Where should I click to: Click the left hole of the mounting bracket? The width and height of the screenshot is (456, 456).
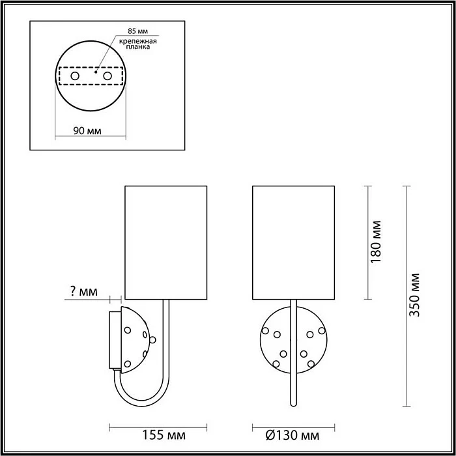74,77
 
